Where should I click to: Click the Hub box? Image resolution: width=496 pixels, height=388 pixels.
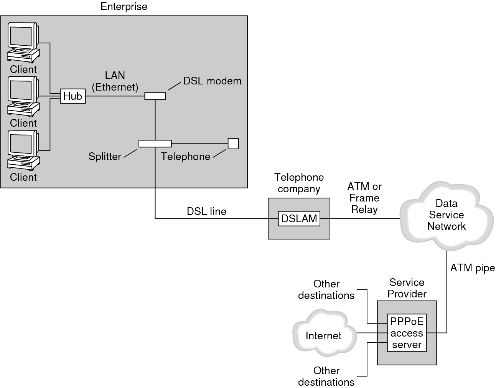click(73, 96)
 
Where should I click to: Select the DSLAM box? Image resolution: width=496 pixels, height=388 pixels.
click(299, 218)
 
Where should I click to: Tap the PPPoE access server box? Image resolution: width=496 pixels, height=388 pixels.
click(407, 333)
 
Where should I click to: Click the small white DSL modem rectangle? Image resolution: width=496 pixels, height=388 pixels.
click(155, 96)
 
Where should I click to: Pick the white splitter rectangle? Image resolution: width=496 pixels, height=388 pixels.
click(155, 144)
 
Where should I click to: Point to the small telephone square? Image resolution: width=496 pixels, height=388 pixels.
click(233, 144)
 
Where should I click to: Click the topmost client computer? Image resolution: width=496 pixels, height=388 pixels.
click(23, 42)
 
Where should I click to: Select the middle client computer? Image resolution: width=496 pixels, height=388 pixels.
click(23, 96)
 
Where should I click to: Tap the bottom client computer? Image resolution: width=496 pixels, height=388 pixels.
click(23, 150)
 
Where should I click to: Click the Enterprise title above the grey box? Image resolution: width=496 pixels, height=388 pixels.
click(124, 7)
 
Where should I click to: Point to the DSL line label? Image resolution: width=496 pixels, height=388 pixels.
click(206, 211)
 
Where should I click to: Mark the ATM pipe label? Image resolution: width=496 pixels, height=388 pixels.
click(472, 268)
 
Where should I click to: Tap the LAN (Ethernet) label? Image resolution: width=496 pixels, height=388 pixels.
click(115, 81)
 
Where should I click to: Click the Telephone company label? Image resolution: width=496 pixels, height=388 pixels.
click(299, 183)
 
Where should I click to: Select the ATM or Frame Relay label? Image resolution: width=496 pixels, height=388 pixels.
click(364, 198)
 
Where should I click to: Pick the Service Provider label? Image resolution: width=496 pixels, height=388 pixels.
click(407, 288)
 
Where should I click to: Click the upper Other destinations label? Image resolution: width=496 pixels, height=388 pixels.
click(326, 290)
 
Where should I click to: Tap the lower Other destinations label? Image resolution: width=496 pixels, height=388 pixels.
click(326, 376)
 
